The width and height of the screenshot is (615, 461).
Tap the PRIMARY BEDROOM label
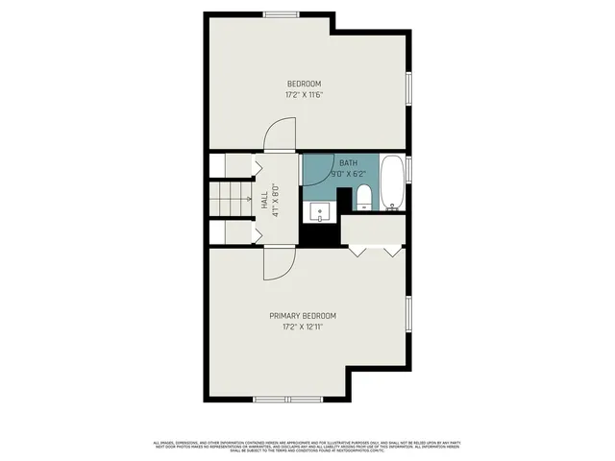point(303,316)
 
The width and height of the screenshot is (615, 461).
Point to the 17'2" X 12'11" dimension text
point(303,328)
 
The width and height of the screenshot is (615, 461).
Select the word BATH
point(347,163)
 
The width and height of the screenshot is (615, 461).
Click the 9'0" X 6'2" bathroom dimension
point(347,175)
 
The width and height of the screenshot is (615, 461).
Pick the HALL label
point(264,200)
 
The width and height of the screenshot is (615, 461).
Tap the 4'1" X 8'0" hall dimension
point(276,200)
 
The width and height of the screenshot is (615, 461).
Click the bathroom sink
point(320,211)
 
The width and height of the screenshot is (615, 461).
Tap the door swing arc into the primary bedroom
point(279,264)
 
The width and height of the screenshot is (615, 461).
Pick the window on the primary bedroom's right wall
point(407,318)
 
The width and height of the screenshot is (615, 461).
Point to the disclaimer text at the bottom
point(307,446)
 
